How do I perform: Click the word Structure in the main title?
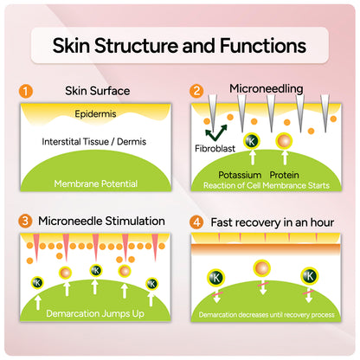pos(137,46)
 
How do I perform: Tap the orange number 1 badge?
pos(26,91)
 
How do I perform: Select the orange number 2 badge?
pos(196,91)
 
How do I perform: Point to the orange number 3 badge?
pos(25,221)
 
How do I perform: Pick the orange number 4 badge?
pos(196,222)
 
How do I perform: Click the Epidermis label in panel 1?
pos(95,114)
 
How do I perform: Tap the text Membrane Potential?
pos(96,183)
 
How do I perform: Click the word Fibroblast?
pos(215,149)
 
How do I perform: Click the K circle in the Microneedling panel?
pos(252,141)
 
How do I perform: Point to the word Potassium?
pos(240,175)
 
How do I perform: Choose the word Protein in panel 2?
pos(284,175)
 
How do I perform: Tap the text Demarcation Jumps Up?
pos(95,313)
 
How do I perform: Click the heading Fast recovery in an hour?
pos(273,222)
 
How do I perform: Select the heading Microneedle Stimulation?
pos(101,222)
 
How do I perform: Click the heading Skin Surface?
pos(97,91)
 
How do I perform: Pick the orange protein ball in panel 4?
pos(262,267)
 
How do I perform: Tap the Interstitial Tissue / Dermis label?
pos(94,142)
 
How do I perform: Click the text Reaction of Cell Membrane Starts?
pos(267,185)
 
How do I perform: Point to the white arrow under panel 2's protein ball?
pos(285,157)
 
